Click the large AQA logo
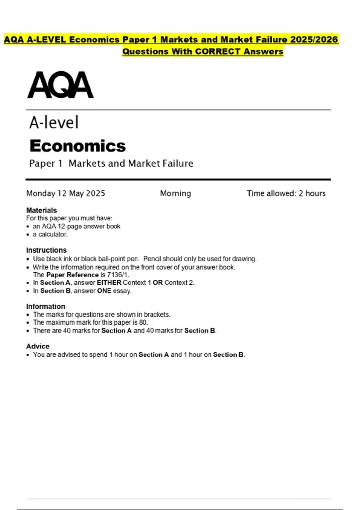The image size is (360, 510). pyautogui.click(x=60, y=85)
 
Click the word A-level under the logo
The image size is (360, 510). pyautogui.click(x=54, y=122)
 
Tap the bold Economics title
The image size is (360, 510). pyautogui.click(x=78, y=146)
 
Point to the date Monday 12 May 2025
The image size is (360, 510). pyautogui.click(x=66, y=193)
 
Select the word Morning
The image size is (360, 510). pyautogui.click(x=175, y=193)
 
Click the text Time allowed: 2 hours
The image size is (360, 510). pyautogui.click(x=286, y=193)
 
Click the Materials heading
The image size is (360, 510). pyautogui.click(x=41, y=210)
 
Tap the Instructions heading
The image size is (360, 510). pyautogui.click(x=46, y=250)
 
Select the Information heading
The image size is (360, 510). pyautogui.click(x=46, y=307)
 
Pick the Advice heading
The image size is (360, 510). pyautogui.click(x=38, y=346)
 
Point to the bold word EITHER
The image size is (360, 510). pyautogui.click(x=109, y=283)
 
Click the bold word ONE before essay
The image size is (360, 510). pyautogui.click(x=104, y=291)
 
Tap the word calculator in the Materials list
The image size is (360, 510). pyautogui.click(x=53, y=235)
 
